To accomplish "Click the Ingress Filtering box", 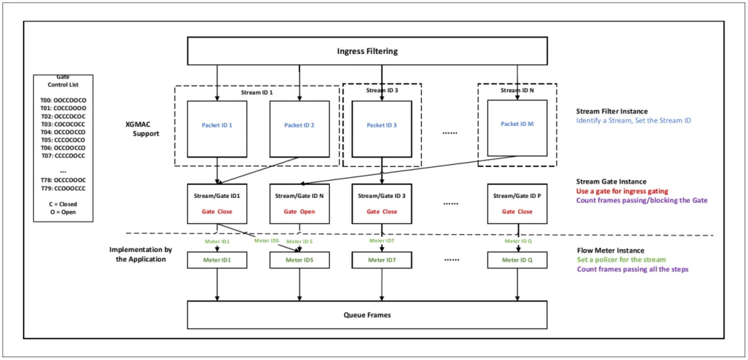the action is coord(367,51).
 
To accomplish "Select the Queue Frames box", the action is coord(367,315).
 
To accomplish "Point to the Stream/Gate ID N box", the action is coord(300,204).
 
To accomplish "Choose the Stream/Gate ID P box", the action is coord(517,204).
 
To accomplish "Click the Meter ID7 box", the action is coord(382,260).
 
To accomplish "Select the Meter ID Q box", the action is coord(517,260).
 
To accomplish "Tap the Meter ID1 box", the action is coord(217,260).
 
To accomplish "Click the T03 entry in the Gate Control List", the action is coord(63,123).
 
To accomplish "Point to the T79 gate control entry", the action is coord(63,188).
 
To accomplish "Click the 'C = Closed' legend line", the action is coord(63,204).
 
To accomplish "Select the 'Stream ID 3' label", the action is coord(382,89).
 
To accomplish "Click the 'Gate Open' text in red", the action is coord(300,211).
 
